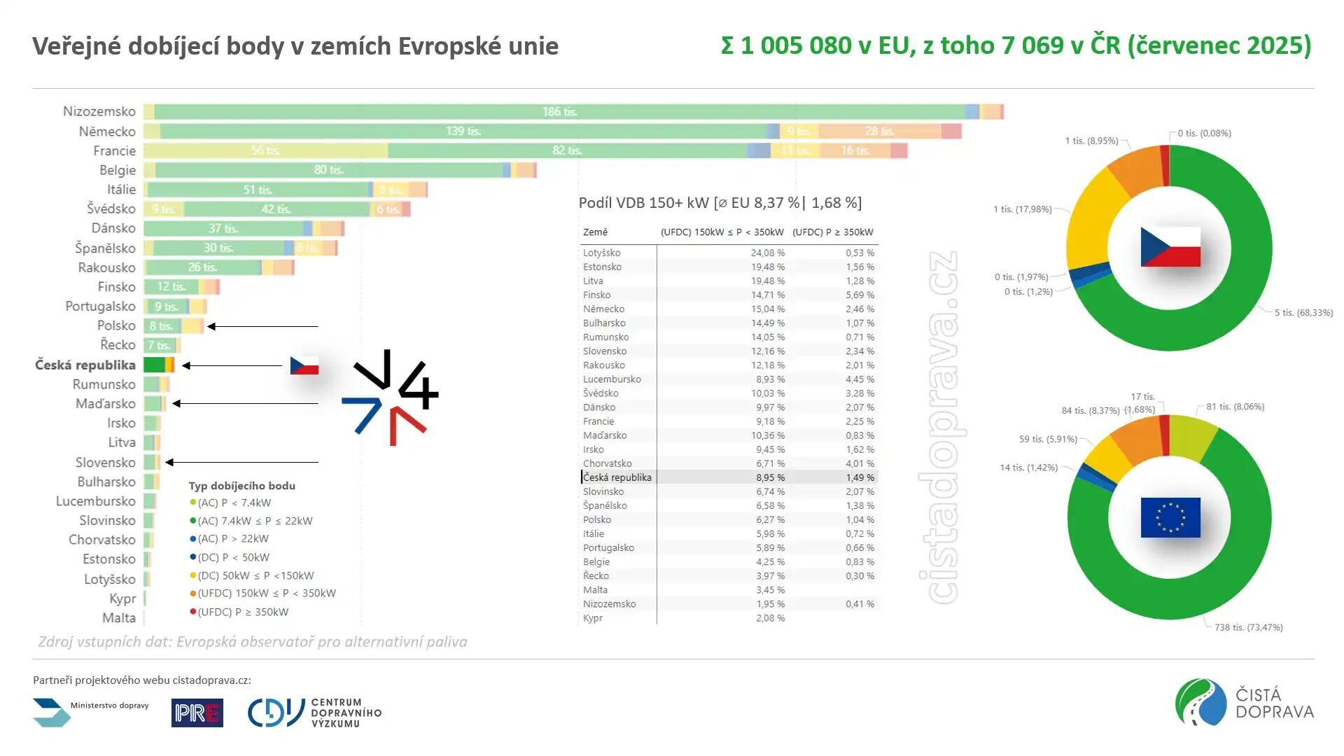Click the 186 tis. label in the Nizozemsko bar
559,112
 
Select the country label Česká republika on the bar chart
85,365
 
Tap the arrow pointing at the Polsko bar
262,326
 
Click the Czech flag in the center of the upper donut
1170,247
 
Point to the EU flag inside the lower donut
1170,517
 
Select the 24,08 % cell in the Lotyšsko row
767,253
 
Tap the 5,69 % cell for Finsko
859,295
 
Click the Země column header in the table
595,232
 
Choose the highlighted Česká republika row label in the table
617,477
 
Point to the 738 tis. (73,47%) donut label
1248,627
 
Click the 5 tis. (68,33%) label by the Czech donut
1303,312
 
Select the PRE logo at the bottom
197,713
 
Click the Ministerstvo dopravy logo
91,711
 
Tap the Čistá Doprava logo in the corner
1244,702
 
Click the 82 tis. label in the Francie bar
567,150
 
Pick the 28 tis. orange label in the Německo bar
879,131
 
